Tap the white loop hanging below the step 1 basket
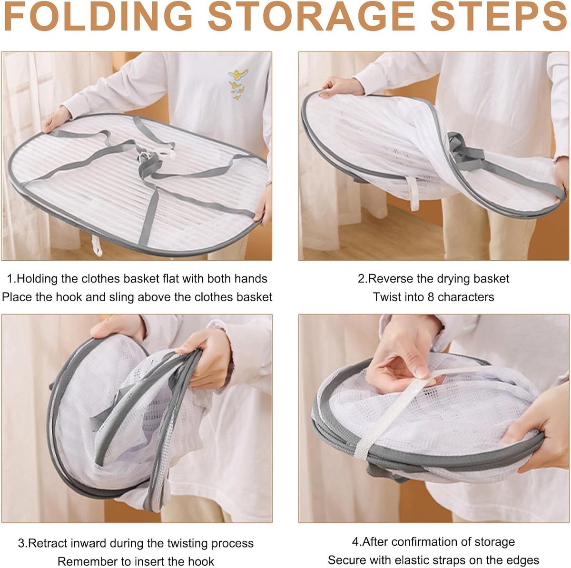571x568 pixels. click(x=97, y=245)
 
